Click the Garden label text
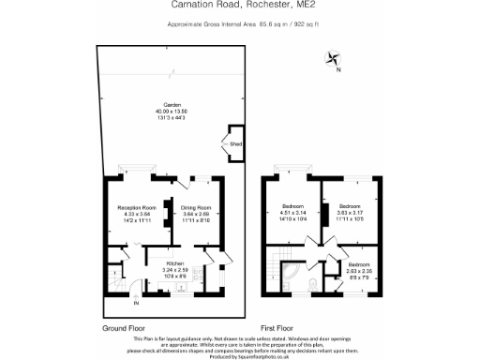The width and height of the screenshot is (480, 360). click(x=172, y=104)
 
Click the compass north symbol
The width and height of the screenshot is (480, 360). click(x=334, y=61)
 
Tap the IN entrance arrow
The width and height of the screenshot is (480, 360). click(x=135, y=302)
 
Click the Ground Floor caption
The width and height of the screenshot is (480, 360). click(x=124, y=328)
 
